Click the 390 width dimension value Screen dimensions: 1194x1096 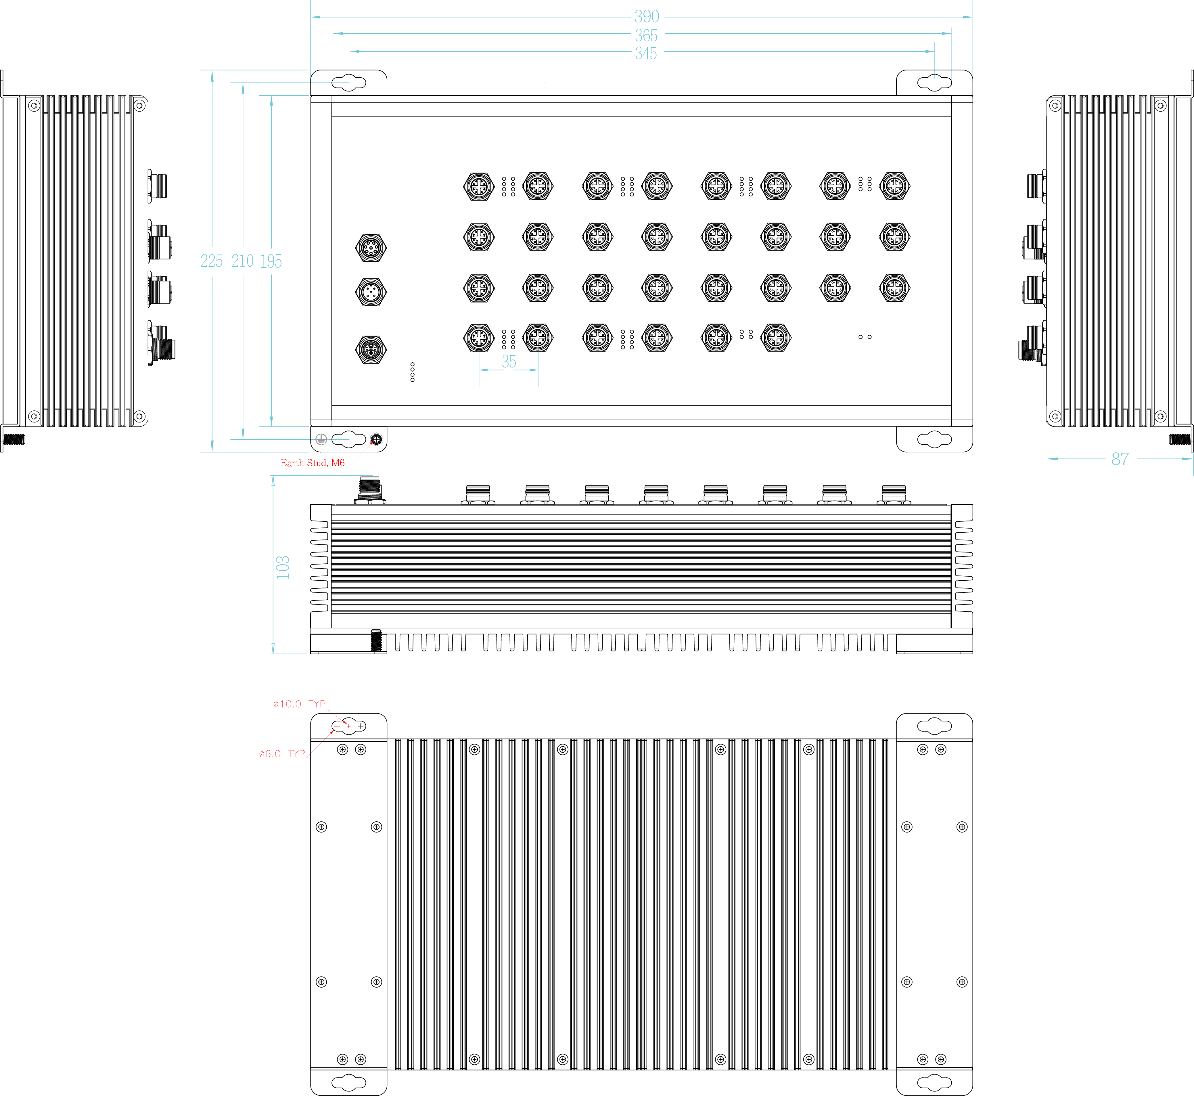646,17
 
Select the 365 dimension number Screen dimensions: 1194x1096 646,36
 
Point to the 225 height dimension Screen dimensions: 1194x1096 212,261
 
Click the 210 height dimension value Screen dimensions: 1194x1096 242,261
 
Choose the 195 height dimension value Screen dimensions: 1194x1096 271,261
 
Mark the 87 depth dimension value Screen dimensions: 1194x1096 1120,458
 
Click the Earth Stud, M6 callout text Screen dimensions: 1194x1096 313,463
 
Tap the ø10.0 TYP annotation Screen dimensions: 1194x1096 299,704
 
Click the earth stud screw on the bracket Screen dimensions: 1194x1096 376,439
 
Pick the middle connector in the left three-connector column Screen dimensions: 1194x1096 371,292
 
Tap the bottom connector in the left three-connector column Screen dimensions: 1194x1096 371,349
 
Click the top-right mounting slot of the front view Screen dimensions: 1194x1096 934,83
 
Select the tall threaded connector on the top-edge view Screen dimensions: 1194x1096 371,489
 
